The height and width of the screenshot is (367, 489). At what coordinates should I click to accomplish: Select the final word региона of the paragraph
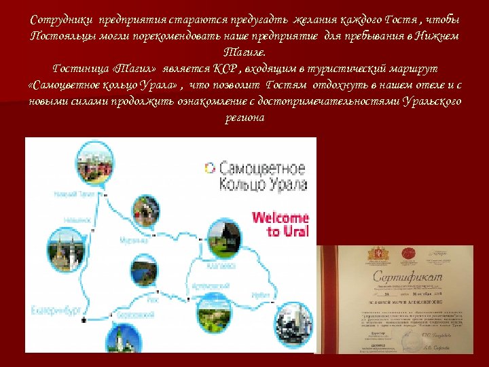point(244,117)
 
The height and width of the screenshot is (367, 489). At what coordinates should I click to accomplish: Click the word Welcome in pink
point(280,219)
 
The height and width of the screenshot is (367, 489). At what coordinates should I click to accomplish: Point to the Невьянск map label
point(77,220)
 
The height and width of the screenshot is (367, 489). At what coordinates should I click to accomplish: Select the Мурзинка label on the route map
point(133,240)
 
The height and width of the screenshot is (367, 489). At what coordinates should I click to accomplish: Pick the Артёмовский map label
point(208,286)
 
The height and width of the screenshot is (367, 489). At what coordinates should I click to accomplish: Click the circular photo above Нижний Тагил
point(95,162)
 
